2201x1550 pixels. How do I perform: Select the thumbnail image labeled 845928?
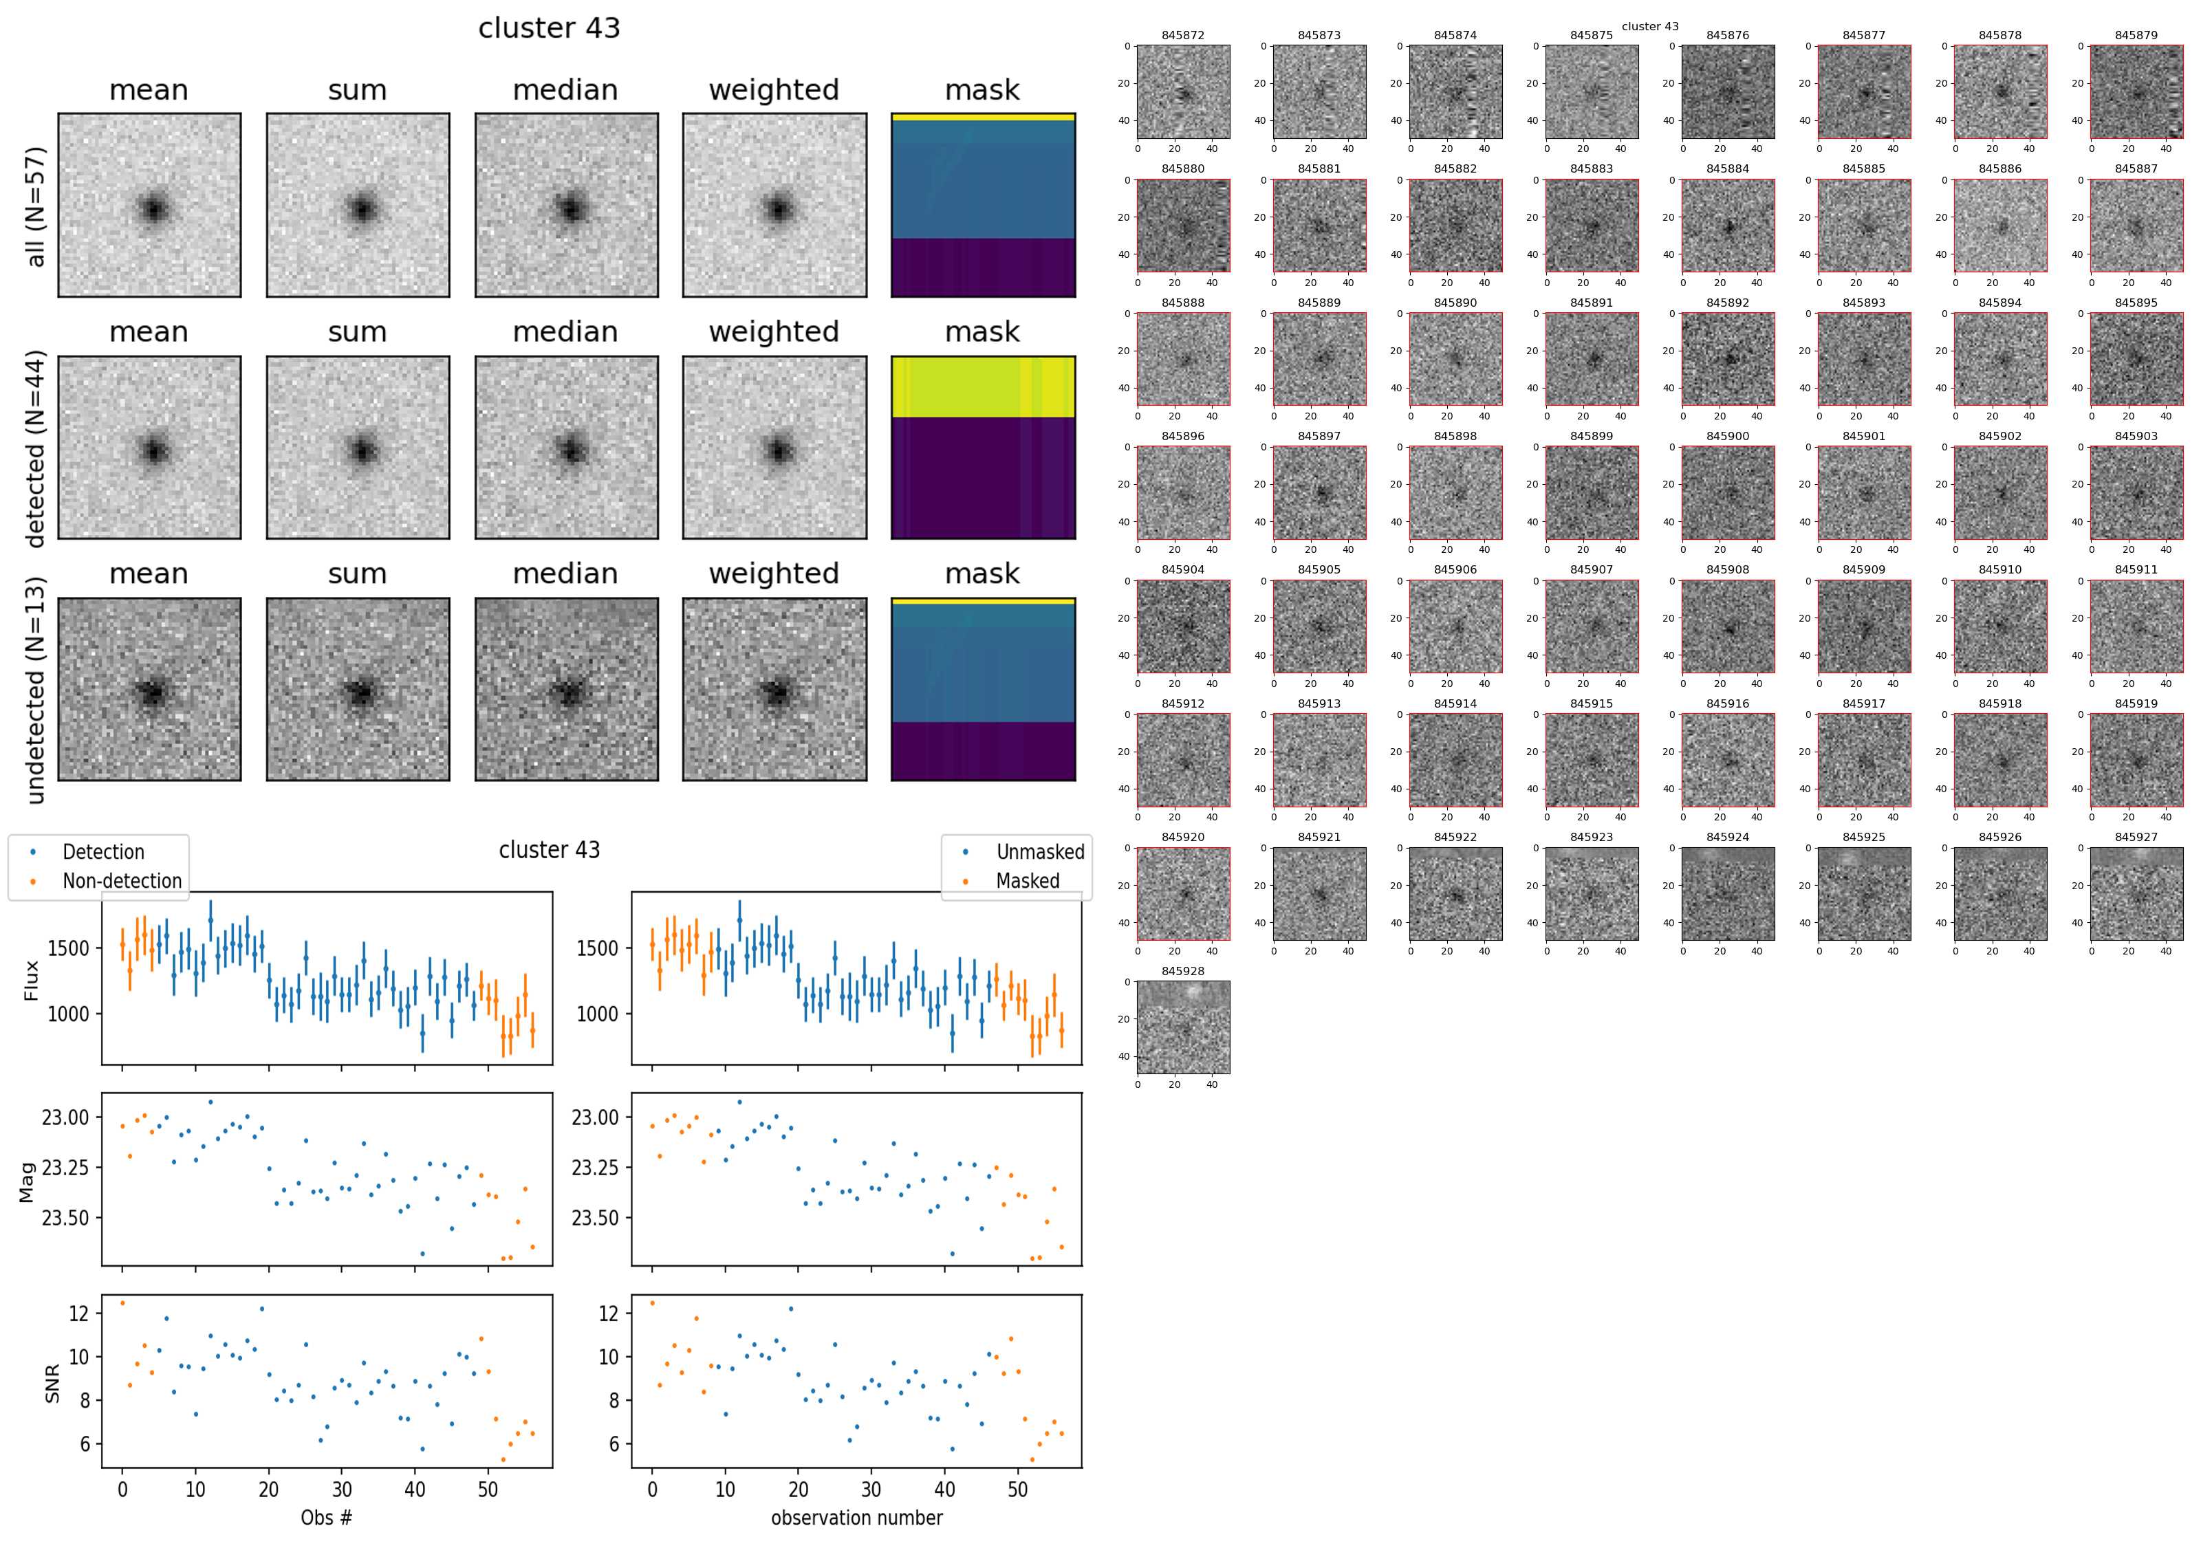click(x=1183, y=1027)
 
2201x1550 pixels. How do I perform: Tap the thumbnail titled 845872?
click(x=1183, y=92)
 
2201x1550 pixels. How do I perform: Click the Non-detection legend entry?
click(x=122, y=881)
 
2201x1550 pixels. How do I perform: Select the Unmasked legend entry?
click(x=1040, y=852)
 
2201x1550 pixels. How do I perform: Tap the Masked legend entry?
click(x=1028, y=881)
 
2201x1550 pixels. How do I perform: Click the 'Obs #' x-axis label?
click(x=327, y=1518)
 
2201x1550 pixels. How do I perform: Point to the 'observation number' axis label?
click(x=857, y=1518)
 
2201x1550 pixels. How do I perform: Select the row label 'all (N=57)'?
click(x=36, y=206)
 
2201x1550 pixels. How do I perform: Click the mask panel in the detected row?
click(x=983, y=448)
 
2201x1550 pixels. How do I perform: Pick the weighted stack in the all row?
click(x=774, y=205)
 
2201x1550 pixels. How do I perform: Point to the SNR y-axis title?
click(x=53, y=1383)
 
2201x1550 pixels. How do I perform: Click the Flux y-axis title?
click(x=32, y=980)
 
